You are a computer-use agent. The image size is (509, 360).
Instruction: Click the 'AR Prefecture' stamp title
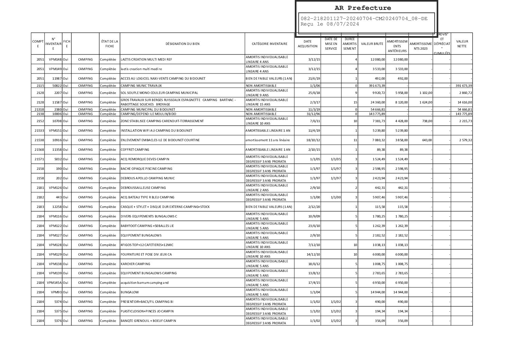point(362,8)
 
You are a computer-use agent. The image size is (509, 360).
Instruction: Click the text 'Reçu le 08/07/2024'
point(329,24)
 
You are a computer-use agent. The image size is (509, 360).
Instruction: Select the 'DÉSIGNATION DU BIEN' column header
point(183,44)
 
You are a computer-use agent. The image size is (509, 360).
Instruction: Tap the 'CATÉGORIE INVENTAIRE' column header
point(270,44)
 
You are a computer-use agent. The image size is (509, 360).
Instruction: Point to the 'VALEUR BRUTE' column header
point(372,44)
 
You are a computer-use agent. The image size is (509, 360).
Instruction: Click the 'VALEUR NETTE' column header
point(462,44)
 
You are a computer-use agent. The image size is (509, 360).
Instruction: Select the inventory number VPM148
point(55,60)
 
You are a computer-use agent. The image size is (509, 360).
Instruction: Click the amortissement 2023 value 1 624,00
point(425,102)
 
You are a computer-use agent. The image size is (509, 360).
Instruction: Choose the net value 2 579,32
point(464,140)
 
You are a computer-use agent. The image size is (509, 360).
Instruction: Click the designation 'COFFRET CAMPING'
point(135,150)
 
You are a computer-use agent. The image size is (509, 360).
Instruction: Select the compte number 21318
point(39,110)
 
